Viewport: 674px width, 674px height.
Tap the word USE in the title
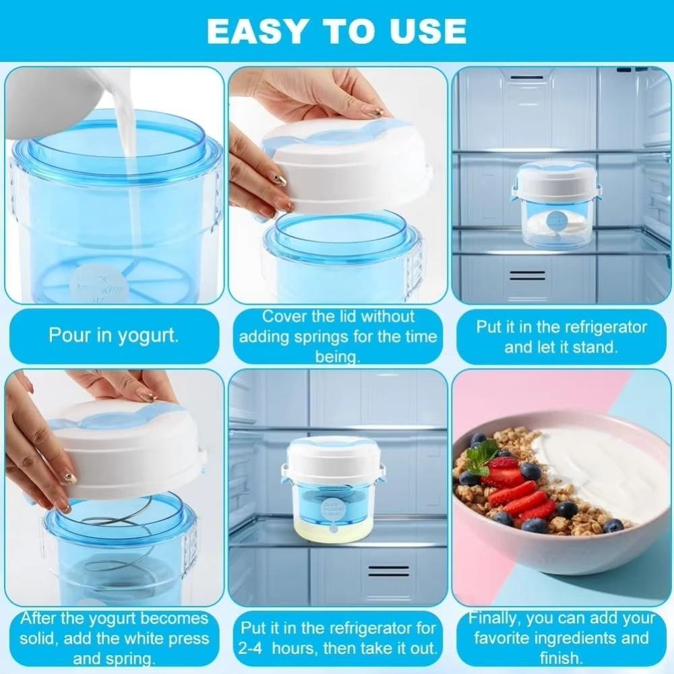point(428,30)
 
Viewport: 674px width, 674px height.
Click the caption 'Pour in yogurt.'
point(113,335)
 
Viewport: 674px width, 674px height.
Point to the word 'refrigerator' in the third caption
point(599,328)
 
